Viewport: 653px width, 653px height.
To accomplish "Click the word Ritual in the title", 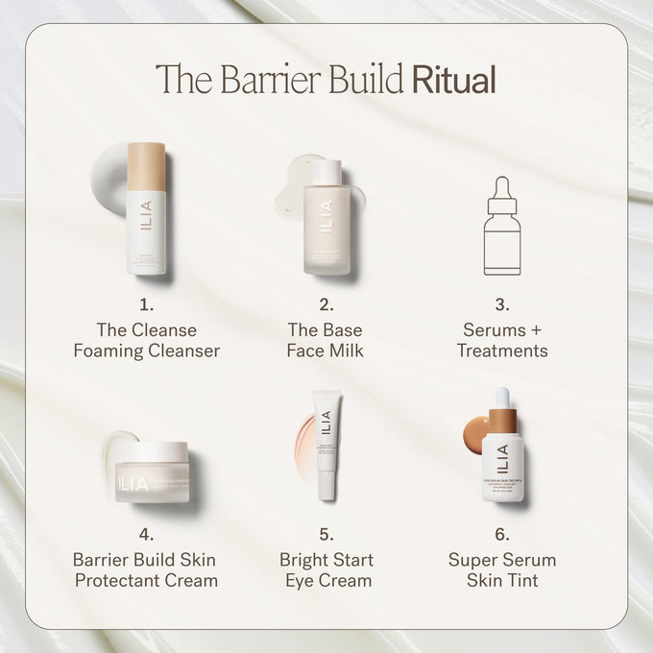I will pyautogui.click(x=453, y=80).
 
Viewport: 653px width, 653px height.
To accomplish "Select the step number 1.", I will pyautogui.click(x=146, y=305).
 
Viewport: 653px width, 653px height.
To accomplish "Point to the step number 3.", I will pyautogui.click(x=501, y=305).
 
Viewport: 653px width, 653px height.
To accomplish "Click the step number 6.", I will pyautogui.click(x=501, y=535).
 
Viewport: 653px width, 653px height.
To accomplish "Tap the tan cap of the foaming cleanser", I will pyautogui.click(x=146, y=166).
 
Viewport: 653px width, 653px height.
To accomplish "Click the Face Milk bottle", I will pyautogui.click(x=326, y=226).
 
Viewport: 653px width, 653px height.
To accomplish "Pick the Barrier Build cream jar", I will pyautogui.click(x=152, y=472).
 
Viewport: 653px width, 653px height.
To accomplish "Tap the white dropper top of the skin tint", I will pyautogui.click(x=501, y=398).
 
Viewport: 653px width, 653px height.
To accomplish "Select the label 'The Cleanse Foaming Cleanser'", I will pyautogui.click(x=146, y=340).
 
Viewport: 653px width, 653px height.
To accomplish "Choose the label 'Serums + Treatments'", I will pyautogui.click(x=501, y=340).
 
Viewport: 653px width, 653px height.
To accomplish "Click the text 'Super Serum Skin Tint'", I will pyautogui.click(x=501, y=569).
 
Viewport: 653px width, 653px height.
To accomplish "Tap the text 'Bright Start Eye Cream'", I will pyautogui.click(x=326, y=569).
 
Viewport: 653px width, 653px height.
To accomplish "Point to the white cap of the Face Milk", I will pyautogui.click(x=327, y=172).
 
